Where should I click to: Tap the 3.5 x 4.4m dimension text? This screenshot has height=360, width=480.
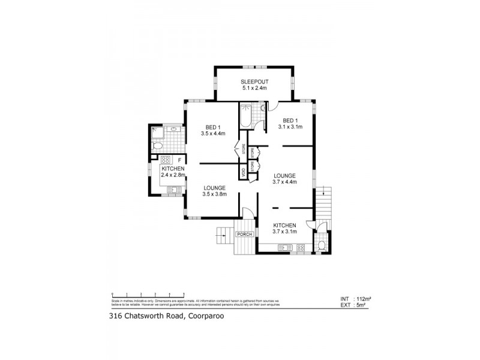(x=212, y=134)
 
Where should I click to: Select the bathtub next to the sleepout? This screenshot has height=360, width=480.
(x=245, y=115)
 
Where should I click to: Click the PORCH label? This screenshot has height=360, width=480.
(x=244, y=234)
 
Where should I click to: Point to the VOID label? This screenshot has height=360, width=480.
(x=243, y=171)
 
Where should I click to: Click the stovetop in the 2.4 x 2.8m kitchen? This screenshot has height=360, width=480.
(x=165, y=160)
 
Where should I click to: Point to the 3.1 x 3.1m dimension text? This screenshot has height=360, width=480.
(x=290, y=127)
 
